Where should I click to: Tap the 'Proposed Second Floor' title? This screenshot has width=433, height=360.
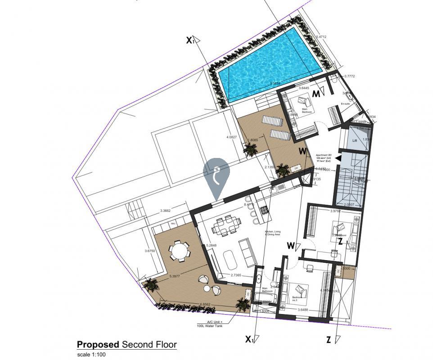pyautogui.click(x=126, y=345)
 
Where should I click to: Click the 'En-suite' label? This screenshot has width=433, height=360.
pyautogui.click(x=345, y=104)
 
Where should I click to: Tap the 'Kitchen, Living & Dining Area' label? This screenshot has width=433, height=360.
pyautogui.click(x=272, y=233)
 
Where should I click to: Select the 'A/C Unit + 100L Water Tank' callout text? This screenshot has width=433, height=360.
pyautogui.click(x=210, y=324)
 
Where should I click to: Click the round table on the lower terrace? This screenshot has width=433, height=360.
pyautogui.click(x=180, y=251)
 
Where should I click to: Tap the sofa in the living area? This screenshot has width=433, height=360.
pyautogui.click(x=247, y=252)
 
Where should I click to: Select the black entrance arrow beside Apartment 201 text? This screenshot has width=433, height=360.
pyautogui.click(x=338, y=158)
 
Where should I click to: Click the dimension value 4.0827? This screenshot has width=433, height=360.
pyautogui.click(x=231, y=137)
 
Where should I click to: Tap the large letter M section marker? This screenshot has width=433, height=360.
pyautogui.click(x=316, y=94)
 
